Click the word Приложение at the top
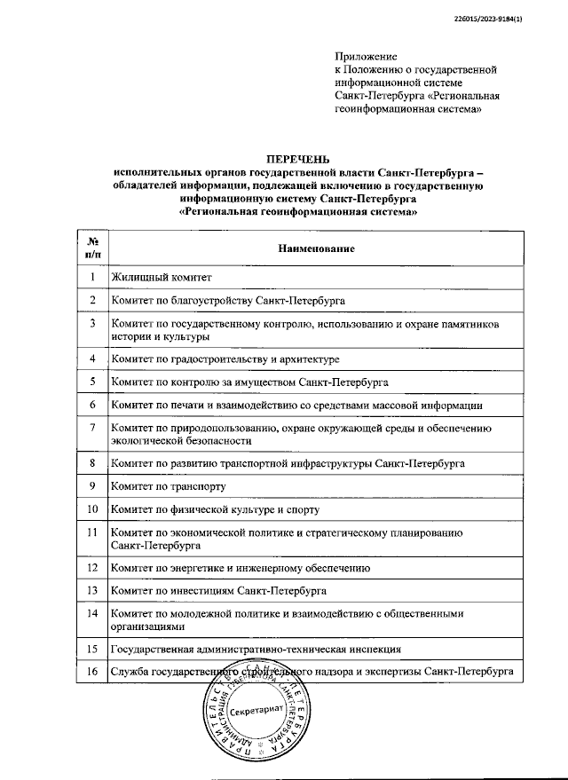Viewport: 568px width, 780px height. point(366,56)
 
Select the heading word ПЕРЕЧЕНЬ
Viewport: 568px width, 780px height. point(298,160)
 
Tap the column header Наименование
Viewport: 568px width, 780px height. point(316,248)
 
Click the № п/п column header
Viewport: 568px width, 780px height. point(91,248)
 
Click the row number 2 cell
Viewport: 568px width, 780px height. point(91,301)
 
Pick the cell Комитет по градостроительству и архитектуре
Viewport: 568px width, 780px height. point(225,359)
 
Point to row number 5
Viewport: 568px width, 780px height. point(91,382)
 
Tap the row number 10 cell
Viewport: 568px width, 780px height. point(91,509)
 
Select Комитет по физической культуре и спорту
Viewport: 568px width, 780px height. point(215,509)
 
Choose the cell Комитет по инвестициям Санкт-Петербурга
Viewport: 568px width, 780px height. point(218,590)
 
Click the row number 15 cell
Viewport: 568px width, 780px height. point(91,650)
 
